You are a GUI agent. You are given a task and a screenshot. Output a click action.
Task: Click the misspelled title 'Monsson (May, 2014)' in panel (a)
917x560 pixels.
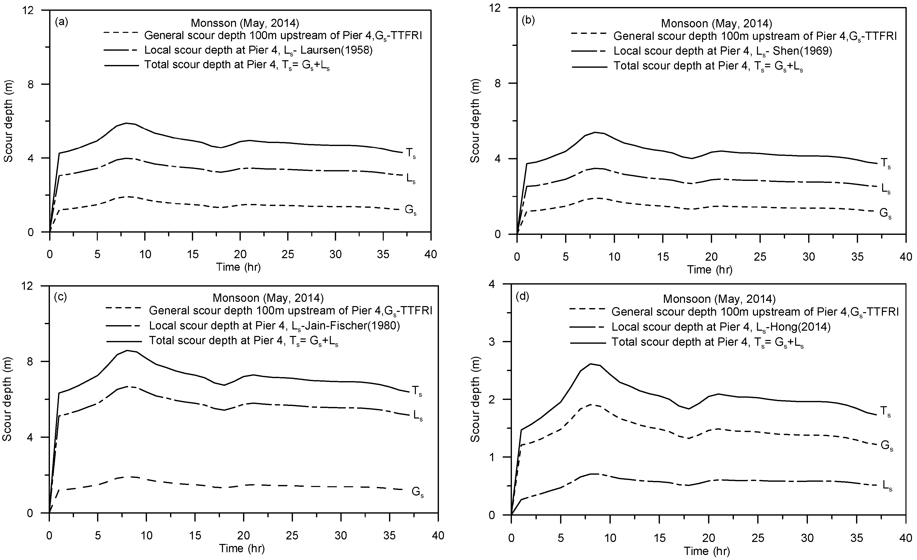pyautogui.click(x=245, y=23)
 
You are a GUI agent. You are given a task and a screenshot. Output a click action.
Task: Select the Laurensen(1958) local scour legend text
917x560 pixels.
pyautogui.click(x=258, y=50)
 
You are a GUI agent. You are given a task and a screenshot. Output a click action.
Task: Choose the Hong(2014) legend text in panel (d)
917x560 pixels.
pyautogui.click(x=721, y=327)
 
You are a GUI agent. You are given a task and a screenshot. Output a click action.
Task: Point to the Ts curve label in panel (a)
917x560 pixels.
pyautogui.click(x=410, y=153)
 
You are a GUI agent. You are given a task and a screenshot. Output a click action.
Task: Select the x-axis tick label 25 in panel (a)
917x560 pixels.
pyautogui.click(x=288, y=254)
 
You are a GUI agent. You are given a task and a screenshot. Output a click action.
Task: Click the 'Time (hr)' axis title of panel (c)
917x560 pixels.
pyautogui.click(x=242, y=548)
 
